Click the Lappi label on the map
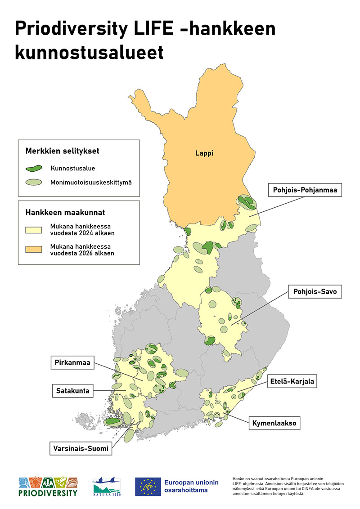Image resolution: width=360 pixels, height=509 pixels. tap(204, 153)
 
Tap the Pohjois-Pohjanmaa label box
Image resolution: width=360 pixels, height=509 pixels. tap(305, 190)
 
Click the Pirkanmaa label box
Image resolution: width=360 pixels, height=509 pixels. tap(72, 362)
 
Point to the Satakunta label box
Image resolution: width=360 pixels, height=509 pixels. tap(73, 391)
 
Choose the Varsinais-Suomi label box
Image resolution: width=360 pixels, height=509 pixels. tap(81, 448)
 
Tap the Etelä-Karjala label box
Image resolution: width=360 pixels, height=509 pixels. tap(292, 382)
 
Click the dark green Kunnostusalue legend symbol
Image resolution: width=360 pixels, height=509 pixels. tap(34, 168)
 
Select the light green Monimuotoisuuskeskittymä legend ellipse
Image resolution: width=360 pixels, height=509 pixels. tap(34, 183)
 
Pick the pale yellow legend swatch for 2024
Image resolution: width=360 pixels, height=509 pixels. tap(34, 230)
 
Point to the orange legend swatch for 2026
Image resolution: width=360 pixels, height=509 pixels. tap(34, 250)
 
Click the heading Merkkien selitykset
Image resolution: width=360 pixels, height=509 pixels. tap(62, 151)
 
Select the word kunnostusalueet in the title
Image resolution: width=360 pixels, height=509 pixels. tap(89, 52)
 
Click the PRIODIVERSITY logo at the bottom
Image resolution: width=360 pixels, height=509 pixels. tap(48, 487)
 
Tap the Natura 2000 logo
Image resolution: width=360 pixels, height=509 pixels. tap(106, 487)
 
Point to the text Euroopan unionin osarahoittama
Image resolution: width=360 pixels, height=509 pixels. tap(191, 487)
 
